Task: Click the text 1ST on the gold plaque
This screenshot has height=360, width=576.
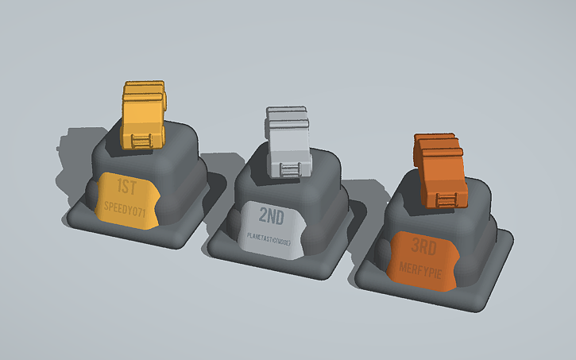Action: [x=127, y=188]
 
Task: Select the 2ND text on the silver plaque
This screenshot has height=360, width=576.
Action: [x=275, y=214]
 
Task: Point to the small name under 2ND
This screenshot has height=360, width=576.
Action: [x=270, y=237]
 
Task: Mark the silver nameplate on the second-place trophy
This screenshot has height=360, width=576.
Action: [x=272, y=229]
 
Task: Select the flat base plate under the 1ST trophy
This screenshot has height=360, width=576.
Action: [x=79, y=215]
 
